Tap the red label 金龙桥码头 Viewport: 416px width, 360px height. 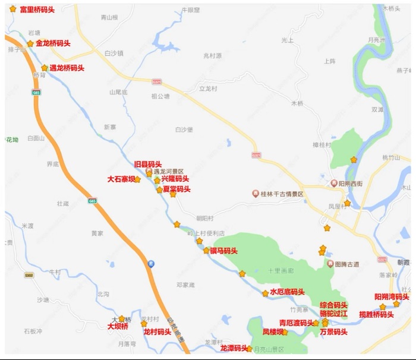[53, 43]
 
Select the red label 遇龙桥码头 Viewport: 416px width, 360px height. [67, 68]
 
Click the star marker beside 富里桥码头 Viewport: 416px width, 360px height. [13, 9]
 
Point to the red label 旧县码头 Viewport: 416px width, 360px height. [147, 163]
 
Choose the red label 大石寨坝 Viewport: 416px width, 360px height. [121, 178]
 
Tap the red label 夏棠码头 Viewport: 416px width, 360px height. [176, 189]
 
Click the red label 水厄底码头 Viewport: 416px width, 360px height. [287, 292]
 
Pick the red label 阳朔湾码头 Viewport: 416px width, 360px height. [392, 296]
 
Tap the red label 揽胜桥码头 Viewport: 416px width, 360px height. [377, 314]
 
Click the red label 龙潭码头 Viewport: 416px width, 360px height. [234, 348]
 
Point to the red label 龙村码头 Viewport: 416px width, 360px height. [157, 332]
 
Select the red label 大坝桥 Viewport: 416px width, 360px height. [118, 326]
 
